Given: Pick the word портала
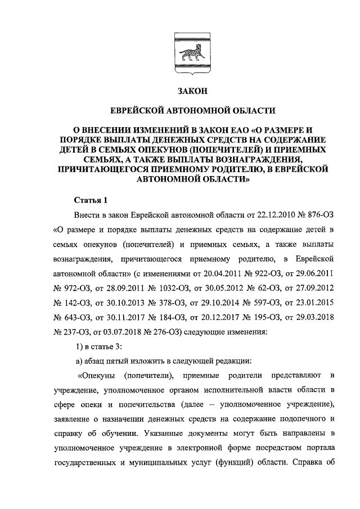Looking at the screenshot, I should (319, 448).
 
